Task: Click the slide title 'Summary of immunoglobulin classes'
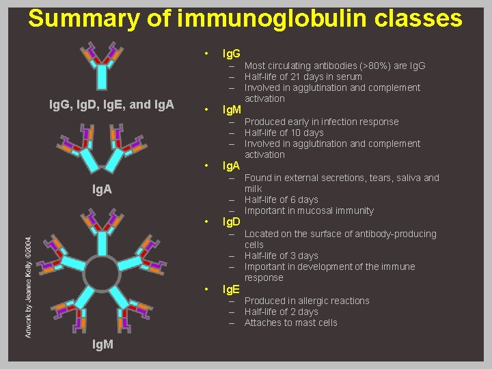point(245,18)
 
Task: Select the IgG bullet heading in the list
point(231,53)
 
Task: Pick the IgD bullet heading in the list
point(232,222)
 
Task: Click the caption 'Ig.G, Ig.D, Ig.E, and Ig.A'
point(112,105)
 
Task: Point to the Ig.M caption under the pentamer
point(102,346)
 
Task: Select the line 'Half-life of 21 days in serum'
point(303,77)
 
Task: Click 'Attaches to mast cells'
point(290,323)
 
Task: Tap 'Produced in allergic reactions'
point(306,301)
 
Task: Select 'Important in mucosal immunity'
point(309,210)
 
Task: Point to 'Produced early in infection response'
point(321,122)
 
